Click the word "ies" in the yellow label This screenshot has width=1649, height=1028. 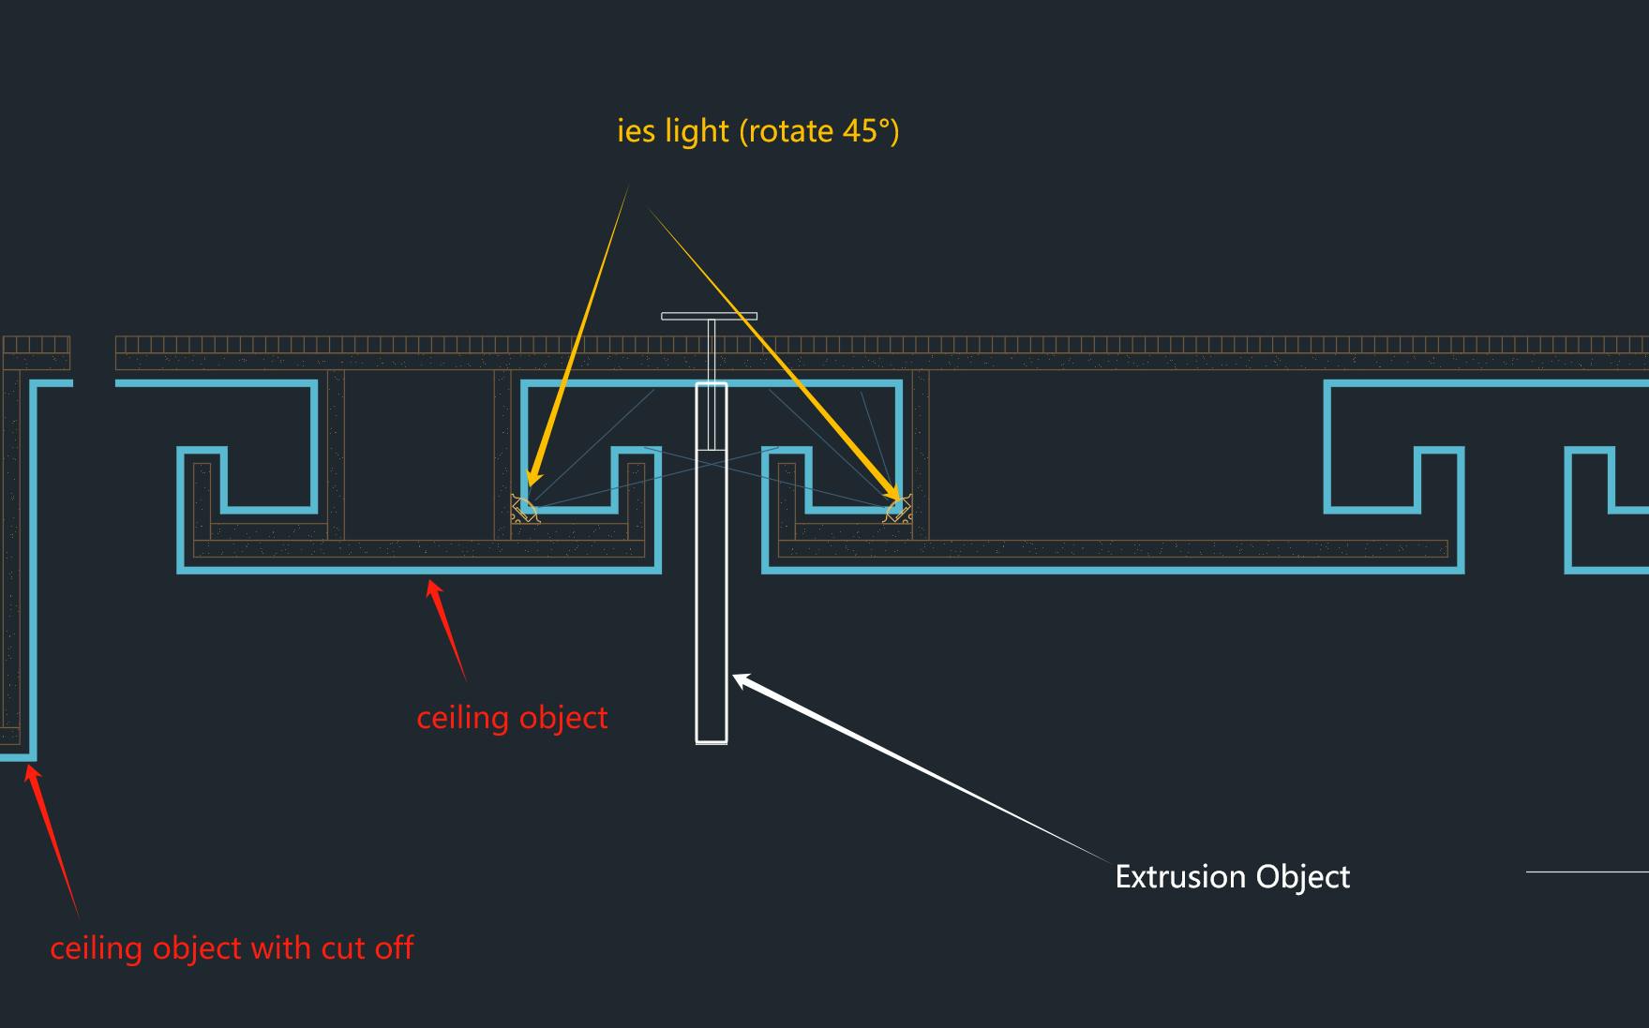click(x=636, y=130)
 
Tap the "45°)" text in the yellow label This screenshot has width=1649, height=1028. click(x=871, y=130)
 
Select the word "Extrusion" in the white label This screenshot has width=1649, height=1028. click(x=1180, y=876)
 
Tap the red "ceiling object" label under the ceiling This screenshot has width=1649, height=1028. click(x=512, y=719)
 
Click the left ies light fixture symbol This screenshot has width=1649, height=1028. click(x=524, y=510)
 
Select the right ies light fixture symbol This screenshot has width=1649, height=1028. click(x=898, y=510)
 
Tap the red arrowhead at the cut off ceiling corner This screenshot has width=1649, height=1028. click(x=33, y=777)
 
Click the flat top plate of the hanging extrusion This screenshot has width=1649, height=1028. click(x=710, y=316)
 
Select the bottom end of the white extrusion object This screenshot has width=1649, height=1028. click(x=712, y=742)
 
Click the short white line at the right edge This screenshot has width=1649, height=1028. click(x=1587, y=872)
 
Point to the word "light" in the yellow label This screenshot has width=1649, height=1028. click(x=697, y=130)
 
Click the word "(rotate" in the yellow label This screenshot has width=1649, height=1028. click(x=787, y=130)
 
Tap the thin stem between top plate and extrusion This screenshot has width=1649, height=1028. click(x=712, y=350)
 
